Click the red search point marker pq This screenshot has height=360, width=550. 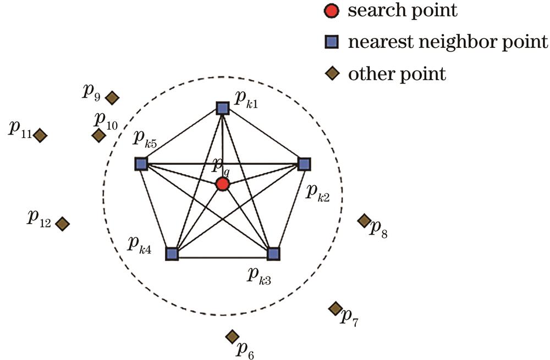coord(222,184)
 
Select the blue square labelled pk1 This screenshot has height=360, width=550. coord(222,108)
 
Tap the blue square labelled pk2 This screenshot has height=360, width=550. coord(304,163)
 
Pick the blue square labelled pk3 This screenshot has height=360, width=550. coord(273,253)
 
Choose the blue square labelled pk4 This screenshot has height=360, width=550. coord(172,253)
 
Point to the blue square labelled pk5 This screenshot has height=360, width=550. coord(141,163)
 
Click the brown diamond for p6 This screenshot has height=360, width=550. coord(232,336)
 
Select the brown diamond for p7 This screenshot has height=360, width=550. coord(335,308)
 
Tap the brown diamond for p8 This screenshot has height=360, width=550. coord(364,220)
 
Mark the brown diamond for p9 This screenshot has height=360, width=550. coord(112,98)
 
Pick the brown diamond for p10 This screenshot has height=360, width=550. coord(98,135)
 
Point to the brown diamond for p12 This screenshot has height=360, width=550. coord(62,223)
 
